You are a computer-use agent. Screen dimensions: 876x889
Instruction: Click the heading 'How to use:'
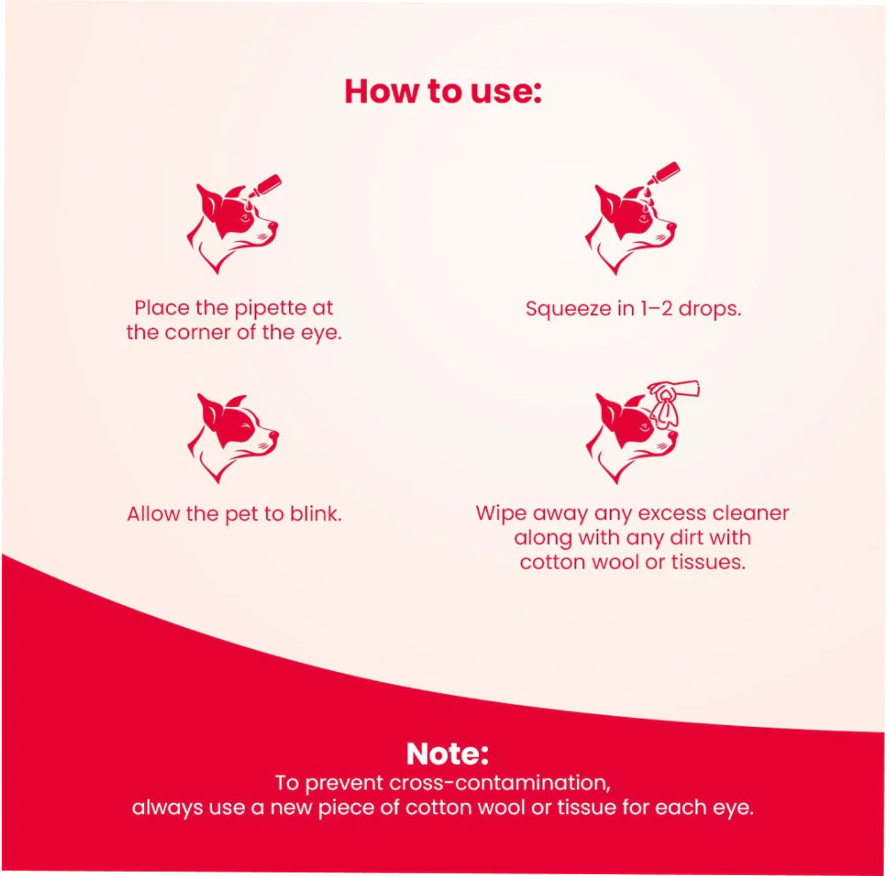click(x=442, y=91)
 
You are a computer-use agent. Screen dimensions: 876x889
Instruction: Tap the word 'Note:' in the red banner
click(x=447, y=753)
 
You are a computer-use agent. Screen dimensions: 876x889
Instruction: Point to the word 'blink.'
click(x=315, y=514)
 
